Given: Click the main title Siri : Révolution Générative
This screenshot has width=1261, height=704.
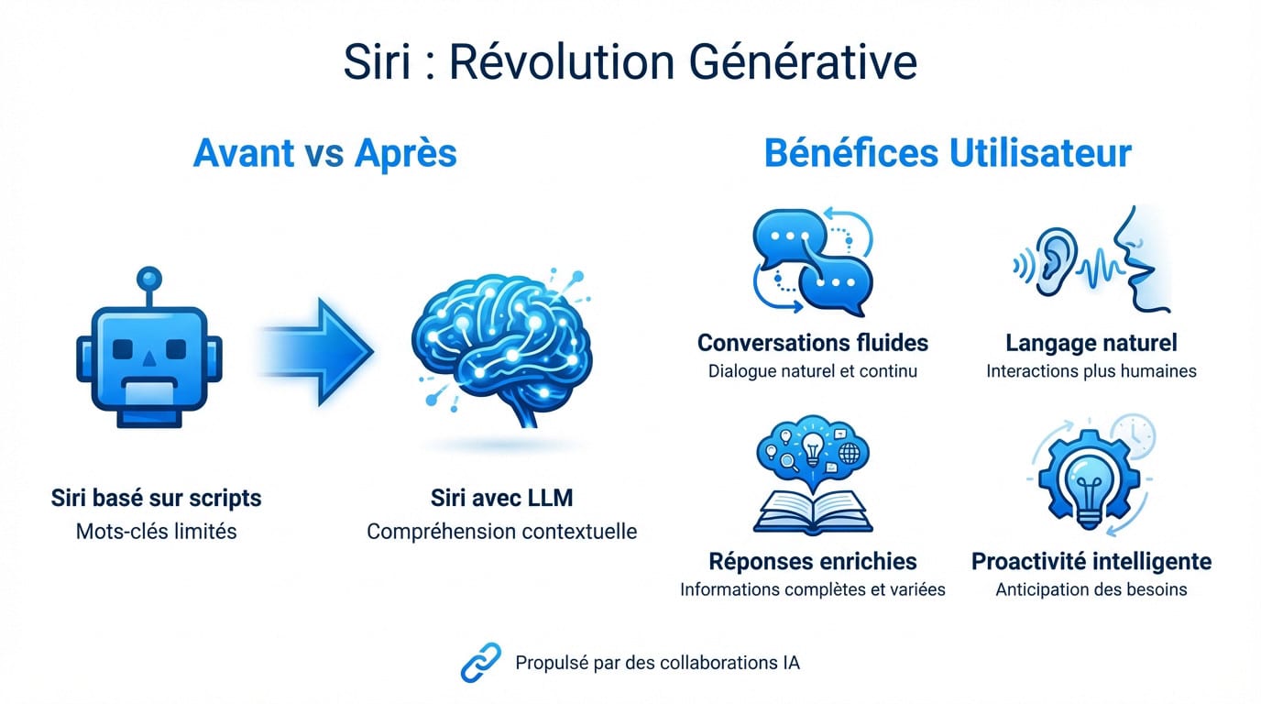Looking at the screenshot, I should tap(630, 61).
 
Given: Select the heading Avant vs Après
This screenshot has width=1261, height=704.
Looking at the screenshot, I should tap(324, 153).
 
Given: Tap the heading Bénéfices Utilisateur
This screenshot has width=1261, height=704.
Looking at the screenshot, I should tap(948, 153).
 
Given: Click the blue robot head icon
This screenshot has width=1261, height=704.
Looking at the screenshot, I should tap(149, 357).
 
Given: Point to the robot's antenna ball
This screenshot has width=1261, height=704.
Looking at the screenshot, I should tap(148, 278).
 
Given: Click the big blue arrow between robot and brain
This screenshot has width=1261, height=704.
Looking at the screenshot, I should tap(316, 350).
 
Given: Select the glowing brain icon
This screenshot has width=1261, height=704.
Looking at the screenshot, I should tap(500, 348).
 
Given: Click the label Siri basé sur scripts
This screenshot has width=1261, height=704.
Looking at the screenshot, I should tap(157, 498).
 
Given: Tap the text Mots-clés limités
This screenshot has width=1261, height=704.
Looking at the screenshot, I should tap(157, 531).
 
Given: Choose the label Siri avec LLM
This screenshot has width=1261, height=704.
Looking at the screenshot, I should tap(501, 498).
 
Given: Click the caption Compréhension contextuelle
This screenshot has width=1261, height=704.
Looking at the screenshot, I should tap(501, 531).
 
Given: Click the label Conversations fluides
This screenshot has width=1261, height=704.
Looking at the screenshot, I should tap(812, 343).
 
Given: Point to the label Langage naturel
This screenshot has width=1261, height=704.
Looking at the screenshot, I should tap(1091, 343).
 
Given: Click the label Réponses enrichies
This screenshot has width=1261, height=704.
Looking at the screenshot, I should tap(812, 560).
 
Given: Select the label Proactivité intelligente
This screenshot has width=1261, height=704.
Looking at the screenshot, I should tap(1091, 560).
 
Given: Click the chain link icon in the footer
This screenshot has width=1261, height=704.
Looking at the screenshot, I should tap(480, 662).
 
